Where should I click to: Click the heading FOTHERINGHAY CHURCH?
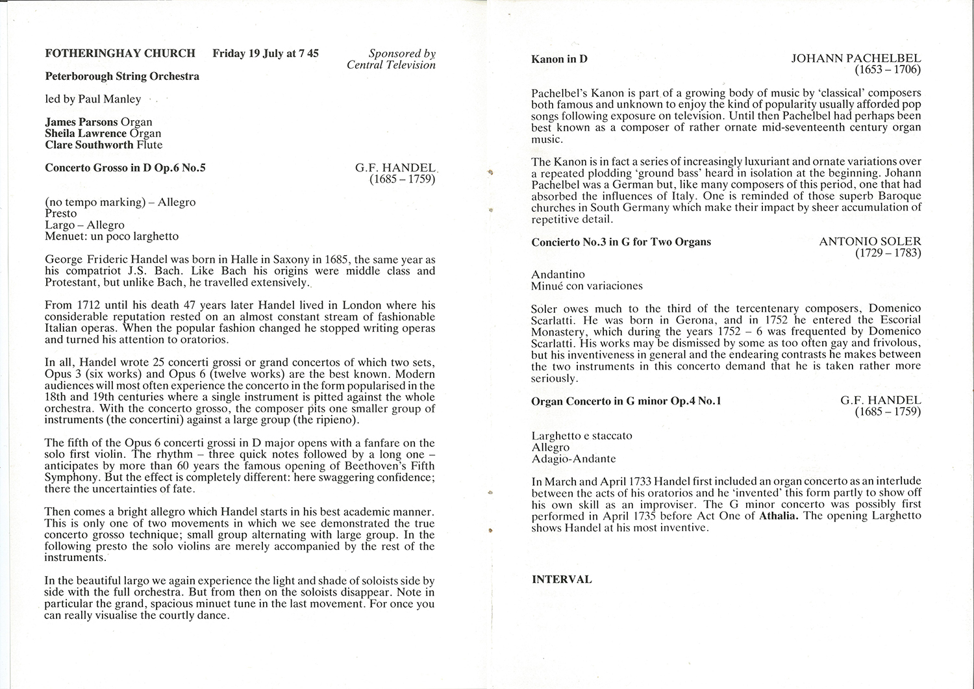point(120,53)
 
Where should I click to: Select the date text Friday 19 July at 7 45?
point(266,53)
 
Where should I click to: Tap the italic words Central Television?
point(391,65)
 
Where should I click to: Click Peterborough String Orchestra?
point(122,76)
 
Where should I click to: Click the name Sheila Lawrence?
point(86,133)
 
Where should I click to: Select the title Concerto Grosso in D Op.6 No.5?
point(125,168)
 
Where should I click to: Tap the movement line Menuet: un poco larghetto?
point(112,236)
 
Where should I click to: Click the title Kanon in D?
point(559,59)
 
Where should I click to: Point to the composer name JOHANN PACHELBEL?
point(856,58)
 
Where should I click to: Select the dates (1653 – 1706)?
point(888,69)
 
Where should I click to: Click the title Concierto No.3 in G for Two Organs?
point(621,242)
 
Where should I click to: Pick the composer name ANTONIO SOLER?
point(870,242)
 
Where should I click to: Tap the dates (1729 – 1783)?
point(888,253)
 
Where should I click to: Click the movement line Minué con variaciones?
point(587,286)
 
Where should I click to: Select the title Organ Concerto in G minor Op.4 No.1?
point(626,401)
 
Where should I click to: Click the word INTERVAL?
point(562,579)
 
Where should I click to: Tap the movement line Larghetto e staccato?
point(582,436)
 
